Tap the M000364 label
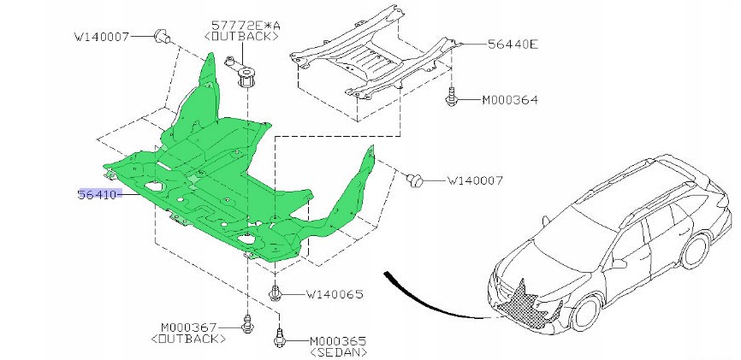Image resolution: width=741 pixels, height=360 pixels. click(x=509, y=100)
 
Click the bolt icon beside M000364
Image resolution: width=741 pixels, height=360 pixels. click(x=452, y=98)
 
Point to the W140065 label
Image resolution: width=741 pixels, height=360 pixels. click(x=335, y=294)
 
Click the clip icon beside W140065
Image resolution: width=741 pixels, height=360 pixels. click(x=277, y=292)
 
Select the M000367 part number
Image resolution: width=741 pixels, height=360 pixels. click(x=189, y=328)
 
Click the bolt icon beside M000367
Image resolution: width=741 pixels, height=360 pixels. click(x=247, y=324)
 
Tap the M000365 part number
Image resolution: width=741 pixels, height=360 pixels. click(x=337, y=340)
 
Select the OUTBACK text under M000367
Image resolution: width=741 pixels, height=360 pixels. click(x=188, y=339)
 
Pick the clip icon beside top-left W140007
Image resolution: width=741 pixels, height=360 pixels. click(x=161, y=36)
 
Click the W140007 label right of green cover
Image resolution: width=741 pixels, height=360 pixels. click(x=474, y=180)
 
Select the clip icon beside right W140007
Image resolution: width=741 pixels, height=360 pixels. click(x=417, y=180)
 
